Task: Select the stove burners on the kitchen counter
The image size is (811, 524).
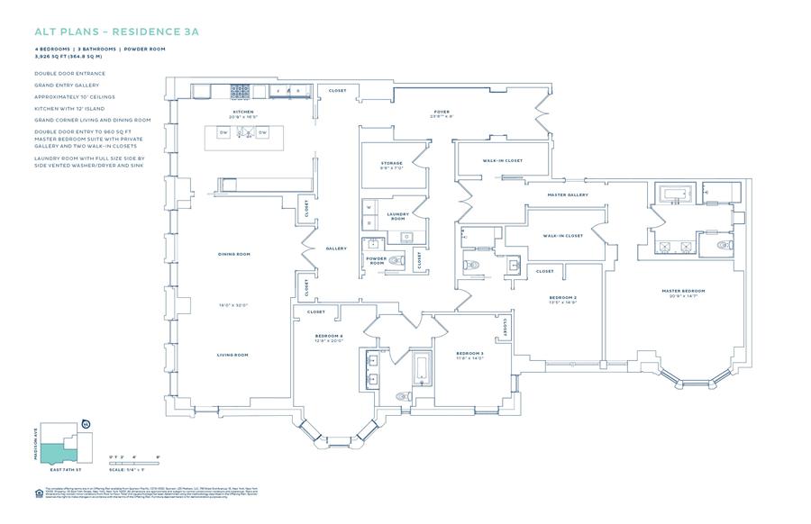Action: point(241,91)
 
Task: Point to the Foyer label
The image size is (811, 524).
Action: point(442,112)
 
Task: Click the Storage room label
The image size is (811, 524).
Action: point(391,163)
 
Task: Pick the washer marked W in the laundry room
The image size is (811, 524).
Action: point(368,206)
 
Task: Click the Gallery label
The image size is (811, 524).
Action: point(336,248)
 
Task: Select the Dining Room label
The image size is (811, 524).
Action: point(232,254)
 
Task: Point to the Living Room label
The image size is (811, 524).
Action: point(232,355)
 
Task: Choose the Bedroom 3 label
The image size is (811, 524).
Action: point(469,353)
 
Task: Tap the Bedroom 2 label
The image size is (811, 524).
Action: point(563,296)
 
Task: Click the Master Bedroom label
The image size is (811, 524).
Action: point(682,291)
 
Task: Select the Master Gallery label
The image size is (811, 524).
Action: point(568,194)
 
